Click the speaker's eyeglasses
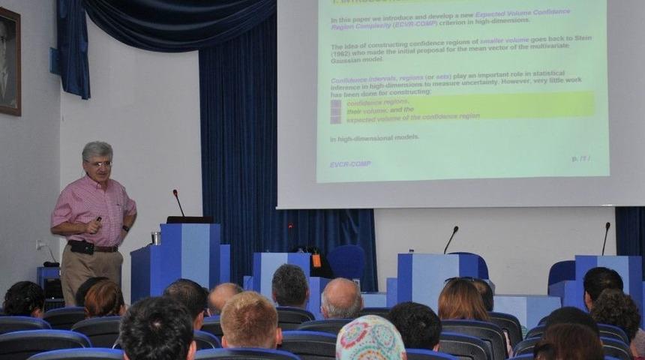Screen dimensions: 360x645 (100, 163)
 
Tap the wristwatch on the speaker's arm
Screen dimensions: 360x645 (126, 228)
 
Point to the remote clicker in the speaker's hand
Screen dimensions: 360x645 (98, 220)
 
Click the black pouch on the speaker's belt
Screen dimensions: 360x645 (80, 247)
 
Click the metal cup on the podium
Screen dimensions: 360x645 (155, 238)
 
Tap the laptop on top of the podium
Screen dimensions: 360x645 (189, 220)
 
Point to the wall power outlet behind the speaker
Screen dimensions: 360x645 (40, 244)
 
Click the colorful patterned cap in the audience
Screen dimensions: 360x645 (370, 339)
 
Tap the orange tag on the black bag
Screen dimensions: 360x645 (316, 260)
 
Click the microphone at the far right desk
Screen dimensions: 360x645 (604, 238)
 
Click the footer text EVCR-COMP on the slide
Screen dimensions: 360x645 (350, 163)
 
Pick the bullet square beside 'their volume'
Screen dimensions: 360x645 (335, 111)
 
